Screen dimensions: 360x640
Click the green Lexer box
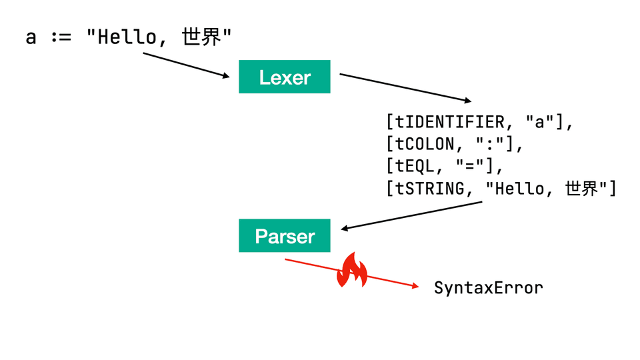point(285,77)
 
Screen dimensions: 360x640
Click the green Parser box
point(285,236)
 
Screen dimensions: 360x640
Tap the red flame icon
point(352,270)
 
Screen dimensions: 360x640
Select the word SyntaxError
point(488,288)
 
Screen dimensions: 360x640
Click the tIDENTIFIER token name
point(451,123)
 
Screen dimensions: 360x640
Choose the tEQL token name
point(417,167)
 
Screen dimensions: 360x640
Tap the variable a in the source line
point(31,37)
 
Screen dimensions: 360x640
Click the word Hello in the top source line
point(126,37)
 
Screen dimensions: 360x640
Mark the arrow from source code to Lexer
point(187,65)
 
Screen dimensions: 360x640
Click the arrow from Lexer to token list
point(405,87)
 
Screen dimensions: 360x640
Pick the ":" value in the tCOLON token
point(494,145)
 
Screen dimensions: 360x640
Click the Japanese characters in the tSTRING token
point(581,189)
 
